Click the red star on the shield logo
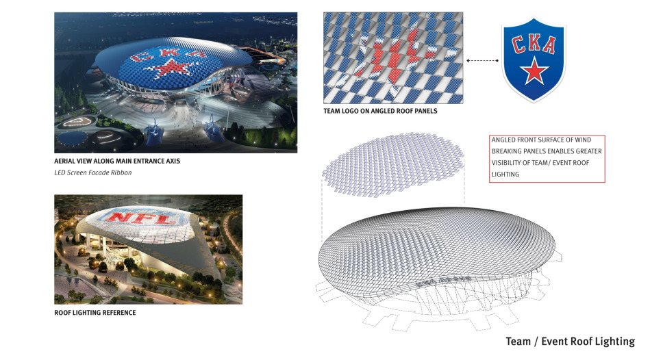pos(534,71)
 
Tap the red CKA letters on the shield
pos(534,44)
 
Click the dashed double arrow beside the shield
pos(482,60)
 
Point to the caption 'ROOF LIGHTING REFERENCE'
pos(95,313)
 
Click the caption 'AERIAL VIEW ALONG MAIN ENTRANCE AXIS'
pos(117,161)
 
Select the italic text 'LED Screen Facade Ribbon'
pos(93,172)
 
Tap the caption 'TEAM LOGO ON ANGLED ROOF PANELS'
pos(381,111)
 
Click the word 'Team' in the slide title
pos(518,342)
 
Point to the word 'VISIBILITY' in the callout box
pos(508,163)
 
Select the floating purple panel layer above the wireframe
pos(393,165)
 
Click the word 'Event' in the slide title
pos(555,342)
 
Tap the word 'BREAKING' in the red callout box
pos(506,152)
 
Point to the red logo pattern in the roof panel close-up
pos(394,58)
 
